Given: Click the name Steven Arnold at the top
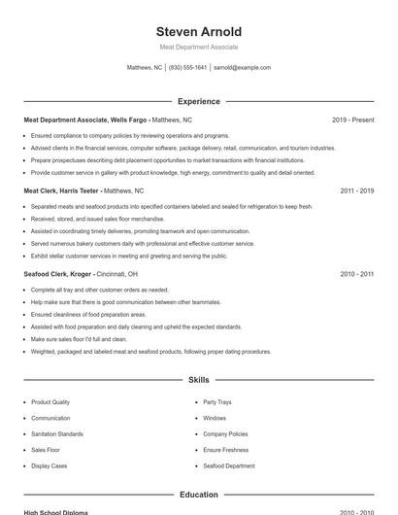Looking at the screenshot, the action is [199, 31].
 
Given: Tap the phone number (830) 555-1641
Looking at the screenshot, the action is [187, 68].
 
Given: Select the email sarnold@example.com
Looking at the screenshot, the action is [242, 68].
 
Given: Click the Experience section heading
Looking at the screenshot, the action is [199, 101].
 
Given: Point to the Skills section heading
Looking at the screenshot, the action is [199, 380].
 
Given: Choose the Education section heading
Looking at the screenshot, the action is [199, 495].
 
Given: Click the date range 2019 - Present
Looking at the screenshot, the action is [352, 120].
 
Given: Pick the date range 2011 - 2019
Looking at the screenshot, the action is [356, 191].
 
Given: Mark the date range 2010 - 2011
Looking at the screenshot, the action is [356, 275].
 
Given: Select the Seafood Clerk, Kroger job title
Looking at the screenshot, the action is [57, 275].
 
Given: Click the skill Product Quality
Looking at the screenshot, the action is [50, 402].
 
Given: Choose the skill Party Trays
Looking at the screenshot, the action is [217, 402].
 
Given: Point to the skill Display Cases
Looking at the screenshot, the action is [50, 466].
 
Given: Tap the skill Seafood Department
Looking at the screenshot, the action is [229, 466].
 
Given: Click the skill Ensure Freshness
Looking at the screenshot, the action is [226, 450].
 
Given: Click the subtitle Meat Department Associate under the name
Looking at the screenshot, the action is [199, 47].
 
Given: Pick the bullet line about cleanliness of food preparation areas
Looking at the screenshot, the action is [88, 315].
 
